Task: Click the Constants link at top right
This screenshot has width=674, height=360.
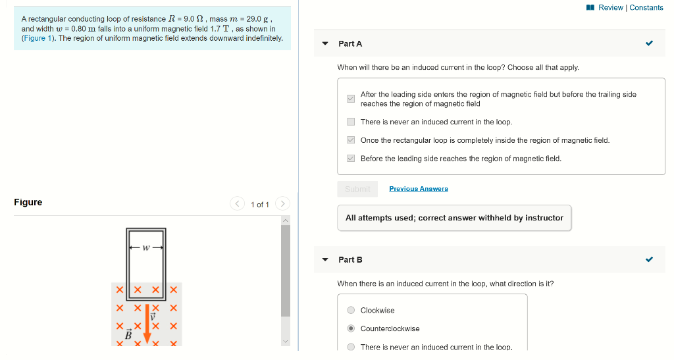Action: [x=646, y=7]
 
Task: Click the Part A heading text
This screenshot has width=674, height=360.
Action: [x=350, y=43]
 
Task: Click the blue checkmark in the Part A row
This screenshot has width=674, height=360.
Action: [x=650, y=43]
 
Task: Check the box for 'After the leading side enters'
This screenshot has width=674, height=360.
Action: [x=351, y=99]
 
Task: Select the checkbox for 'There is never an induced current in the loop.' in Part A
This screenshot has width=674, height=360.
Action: [x=351, y=122]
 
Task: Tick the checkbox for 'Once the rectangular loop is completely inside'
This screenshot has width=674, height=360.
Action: [x=351, y=140]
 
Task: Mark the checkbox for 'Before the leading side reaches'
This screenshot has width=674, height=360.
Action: [x=351, y=159]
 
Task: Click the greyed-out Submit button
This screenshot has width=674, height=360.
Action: [x=357, y=189]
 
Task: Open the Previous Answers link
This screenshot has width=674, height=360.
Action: [x=418, y=189]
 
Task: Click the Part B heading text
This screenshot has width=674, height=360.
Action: [x=350, y=259]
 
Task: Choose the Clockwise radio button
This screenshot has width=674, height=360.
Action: [x=351, y=311]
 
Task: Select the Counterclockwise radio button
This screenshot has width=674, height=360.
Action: [x=351, y=329]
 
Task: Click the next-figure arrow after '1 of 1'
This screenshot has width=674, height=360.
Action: [x=282, y=204]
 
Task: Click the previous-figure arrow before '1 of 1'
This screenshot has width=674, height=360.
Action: [x=238, y=204]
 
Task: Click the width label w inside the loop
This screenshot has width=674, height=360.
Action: [x=146, y=248]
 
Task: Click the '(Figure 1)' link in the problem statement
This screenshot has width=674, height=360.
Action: [x=34, y=38]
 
